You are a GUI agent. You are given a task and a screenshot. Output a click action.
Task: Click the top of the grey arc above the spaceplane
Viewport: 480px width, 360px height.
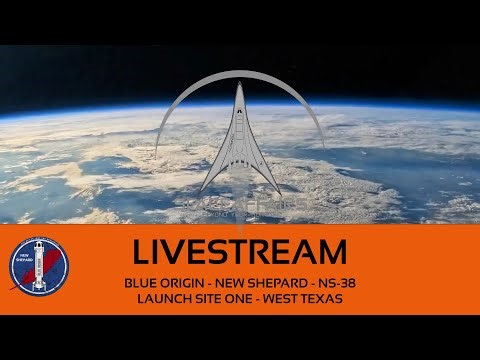tap(241, 72)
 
